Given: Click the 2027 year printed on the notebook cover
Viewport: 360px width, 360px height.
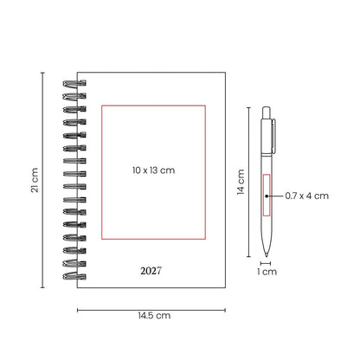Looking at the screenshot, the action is (151, 271).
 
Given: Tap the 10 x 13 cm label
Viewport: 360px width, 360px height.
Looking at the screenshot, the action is (153, 170).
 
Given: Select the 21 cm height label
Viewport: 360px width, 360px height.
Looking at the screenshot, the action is (35, 180).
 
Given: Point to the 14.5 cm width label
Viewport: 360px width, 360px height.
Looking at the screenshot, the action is (154, 315).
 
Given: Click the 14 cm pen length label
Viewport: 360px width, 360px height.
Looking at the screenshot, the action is (241, 182).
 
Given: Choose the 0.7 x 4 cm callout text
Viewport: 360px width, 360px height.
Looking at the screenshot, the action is (307, 196).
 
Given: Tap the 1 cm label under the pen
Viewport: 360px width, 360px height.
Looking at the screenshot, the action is (267, 272).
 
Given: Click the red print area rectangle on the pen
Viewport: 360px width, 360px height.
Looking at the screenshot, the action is (267, 195).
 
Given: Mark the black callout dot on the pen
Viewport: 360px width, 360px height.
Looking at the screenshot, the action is (267, 196).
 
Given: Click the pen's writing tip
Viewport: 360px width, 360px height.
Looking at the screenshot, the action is (267, 254).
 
